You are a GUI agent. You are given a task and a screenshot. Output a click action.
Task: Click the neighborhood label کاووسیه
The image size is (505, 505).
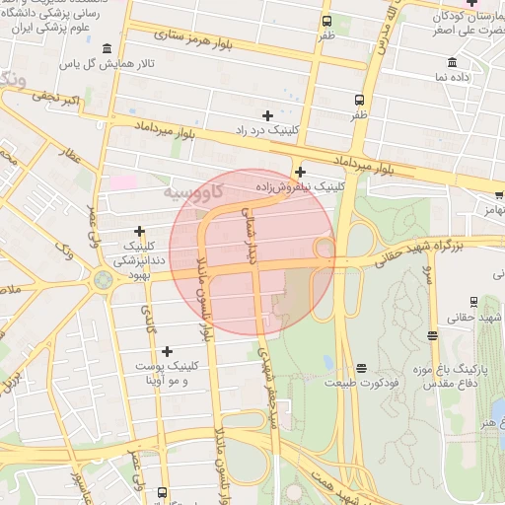pos(191,190)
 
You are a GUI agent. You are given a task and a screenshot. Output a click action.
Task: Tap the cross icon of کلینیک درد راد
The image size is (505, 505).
pos(267,115)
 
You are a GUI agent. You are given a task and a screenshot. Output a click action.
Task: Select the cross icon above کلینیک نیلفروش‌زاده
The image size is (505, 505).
pos(300,172)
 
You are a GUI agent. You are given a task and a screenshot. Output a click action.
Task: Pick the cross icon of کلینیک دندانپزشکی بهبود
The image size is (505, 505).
pos(139,231)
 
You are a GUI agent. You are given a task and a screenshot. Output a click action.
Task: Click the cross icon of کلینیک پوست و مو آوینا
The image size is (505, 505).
pos(167,351)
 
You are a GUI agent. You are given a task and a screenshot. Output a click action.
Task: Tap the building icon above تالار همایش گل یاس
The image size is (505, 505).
pos(107,49)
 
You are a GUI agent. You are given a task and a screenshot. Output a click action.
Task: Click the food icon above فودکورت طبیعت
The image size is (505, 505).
pos(361,368)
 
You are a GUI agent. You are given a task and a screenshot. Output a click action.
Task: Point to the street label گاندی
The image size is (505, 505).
pos(151,319)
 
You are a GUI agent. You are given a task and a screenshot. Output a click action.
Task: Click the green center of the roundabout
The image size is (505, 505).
pos(103,280)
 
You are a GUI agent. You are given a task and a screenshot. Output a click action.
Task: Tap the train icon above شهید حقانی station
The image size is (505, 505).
pos(474,302)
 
